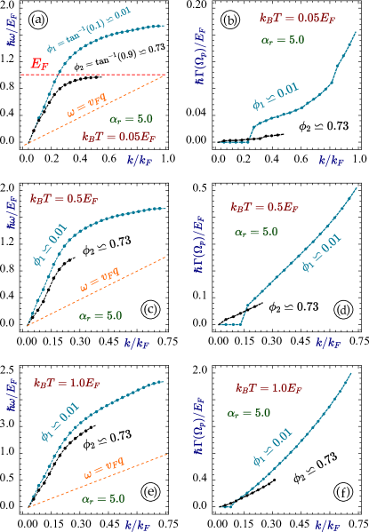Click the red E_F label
tap(39, 64)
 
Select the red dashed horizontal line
tap(107, 75)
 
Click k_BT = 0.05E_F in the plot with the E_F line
tap(118, 137)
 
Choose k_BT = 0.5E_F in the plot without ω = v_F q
tap(265, 207)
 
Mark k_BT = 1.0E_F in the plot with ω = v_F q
tap(68, 384)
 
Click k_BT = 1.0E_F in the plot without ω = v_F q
tap(270, 388)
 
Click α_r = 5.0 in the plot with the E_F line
tap(131, 119)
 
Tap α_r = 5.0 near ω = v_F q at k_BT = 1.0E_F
tap(103, 499)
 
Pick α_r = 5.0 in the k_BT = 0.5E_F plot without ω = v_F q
tap(255, 232)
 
